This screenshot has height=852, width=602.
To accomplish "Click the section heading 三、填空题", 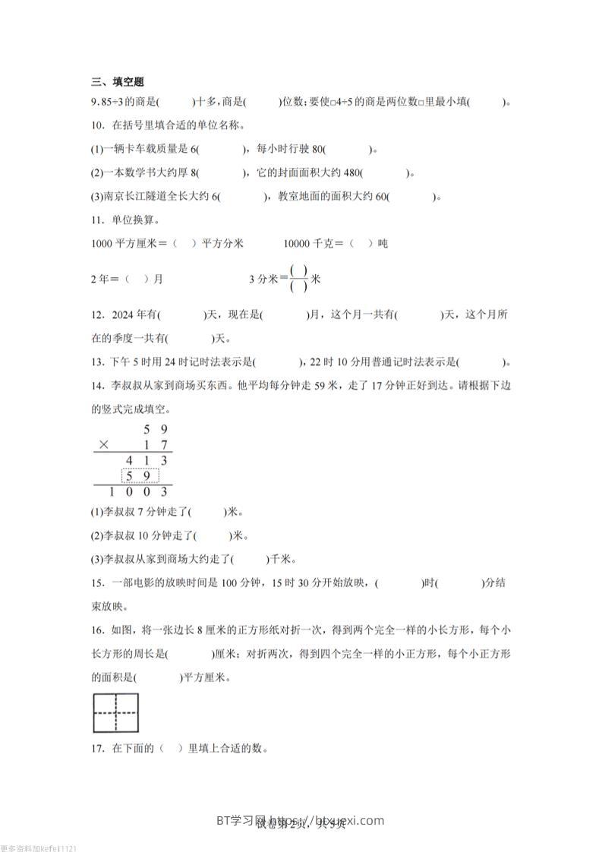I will (117, 82).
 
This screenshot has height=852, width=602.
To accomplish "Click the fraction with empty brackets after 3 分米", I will (299, 279).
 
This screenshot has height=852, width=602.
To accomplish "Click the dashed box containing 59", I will (141, 476).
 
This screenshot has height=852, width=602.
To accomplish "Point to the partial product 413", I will (149, 460).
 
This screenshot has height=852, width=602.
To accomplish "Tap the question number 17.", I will (96, 748).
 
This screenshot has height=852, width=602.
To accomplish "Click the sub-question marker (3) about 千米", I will (96, 559).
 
